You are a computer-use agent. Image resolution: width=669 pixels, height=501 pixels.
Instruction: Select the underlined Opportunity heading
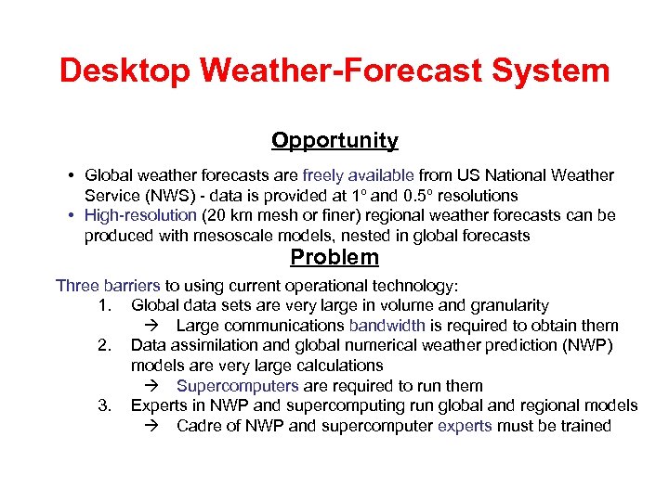tap(334, 141)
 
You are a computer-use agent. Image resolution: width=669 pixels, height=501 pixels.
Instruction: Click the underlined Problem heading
tap(334, 257)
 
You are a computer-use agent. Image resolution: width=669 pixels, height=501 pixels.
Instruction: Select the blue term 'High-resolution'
tap(140, 215)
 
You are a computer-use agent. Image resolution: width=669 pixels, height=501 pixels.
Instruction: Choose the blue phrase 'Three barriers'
tap(108, 285)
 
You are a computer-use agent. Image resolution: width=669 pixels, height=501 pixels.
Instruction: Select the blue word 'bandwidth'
tap(387, 326)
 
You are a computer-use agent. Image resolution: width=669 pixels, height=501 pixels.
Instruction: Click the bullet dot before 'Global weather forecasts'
tap(72, 175)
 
